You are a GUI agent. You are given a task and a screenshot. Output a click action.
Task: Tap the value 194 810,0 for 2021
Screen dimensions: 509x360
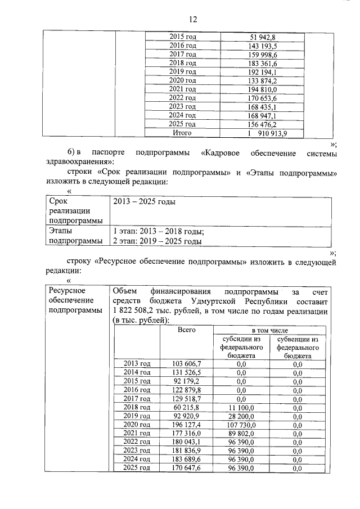tap(263, 89)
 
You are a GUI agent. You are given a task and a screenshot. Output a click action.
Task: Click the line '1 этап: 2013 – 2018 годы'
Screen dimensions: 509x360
tap(158, 231)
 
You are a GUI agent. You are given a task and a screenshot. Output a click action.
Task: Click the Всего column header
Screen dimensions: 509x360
tap(186, 330)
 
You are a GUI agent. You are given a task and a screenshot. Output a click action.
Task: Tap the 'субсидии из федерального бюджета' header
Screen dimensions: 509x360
tap(240, 348)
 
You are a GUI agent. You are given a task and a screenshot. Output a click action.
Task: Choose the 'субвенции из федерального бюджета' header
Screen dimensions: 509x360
tap(298, 348)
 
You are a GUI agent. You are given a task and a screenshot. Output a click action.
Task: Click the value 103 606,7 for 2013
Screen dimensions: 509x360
tap(186, 364)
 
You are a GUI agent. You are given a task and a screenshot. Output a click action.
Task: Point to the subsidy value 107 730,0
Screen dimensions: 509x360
tap(241, 425)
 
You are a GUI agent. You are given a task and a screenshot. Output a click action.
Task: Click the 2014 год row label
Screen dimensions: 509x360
tap(137, 373)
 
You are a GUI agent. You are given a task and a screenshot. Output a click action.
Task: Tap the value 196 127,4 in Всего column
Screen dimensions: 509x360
tap(186, 425)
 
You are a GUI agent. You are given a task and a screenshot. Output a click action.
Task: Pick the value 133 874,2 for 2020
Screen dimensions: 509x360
tap(263, 81)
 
